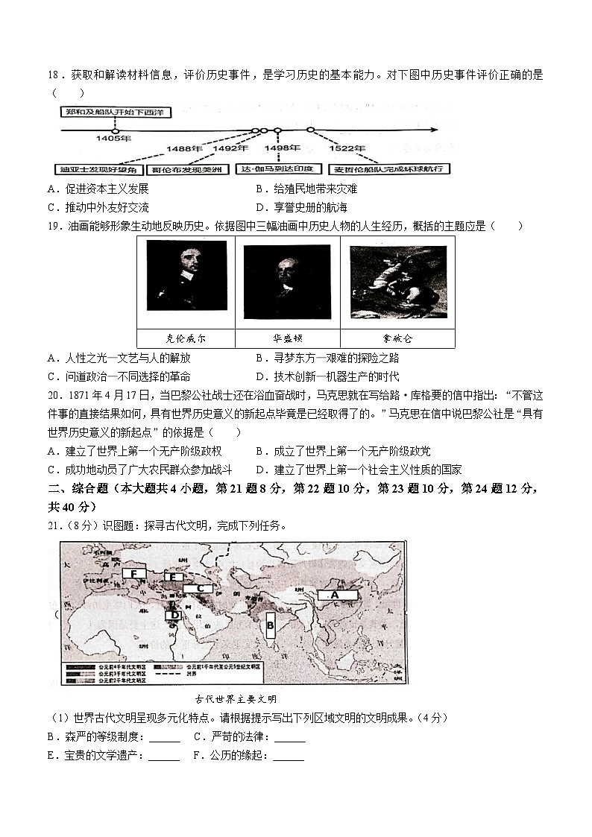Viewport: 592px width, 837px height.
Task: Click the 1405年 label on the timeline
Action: tap(113, 139)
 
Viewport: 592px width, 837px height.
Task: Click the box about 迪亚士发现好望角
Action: tap(97, 169)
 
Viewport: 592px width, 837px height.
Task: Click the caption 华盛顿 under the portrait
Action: tap(287, 338)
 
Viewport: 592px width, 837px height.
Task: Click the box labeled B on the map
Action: tap(271, 625)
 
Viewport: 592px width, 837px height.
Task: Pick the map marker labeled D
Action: tap(174, 615)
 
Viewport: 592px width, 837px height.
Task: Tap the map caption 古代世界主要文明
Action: tap(235, 699)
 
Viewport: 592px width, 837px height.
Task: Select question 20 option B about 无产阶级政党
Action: tap(342, 451)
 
